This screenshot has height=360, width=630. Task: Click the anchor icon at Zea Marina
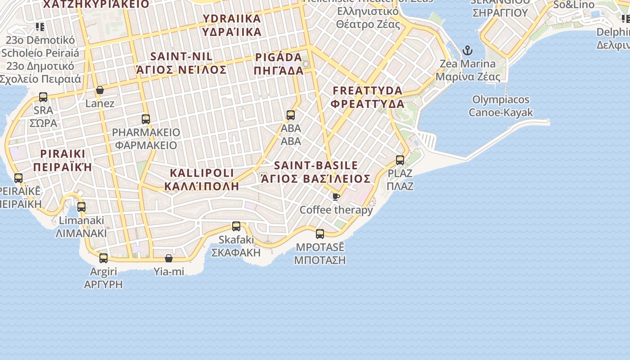point(468,50)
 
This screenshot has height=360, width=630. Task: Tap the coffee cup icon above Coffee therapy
point(336,197)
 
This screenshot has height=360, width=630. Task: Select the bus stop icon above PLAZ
point(400,160)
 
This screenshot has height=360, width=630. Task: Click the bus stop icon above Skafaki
point(236,226)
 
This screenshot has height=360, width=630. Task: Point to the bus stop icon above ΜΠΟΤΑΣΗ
point(320,234)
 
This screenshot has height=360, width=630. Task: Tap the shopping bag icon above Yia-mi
point(169,258)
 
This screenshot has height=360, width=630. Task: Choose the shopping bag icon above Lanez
point(100,90)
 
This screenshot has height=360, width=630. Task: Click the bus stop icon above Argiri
point(103,258)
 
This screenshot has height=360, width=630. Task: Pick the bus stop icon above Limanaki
point(81,207)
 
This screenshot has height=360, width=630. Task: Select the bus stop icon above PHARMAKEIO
point(146,119)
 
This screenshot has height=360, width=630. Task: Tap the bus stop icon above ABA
point(291,115)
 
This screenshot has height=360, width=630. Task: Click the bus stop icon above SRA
point(43,97)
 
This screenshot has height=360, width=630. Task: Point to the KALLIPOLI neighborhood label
point(202,179)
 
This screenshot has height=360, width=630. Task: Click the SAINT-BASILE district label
point(316,172)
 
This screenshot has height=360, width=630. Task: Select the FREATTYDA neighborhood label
point(368,97)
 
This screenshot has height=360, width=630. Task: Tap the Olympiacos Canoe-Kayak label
point(501,106)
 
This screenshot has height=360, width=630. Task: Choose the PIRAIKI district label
point(63,160)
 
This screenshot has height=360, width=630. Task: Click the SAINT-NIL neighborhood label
point(182,63)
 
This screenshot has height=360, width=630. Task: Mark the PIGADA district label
point(279,64)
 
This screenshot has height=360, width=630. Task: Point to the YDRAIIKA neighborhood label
point(232,25)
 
